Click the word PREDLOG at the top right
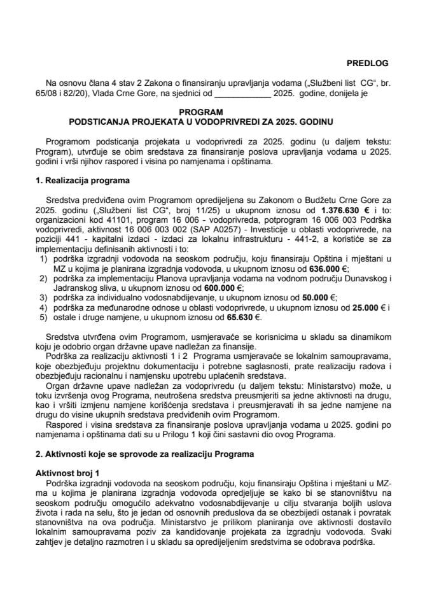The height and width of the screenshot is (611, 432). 366,63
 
